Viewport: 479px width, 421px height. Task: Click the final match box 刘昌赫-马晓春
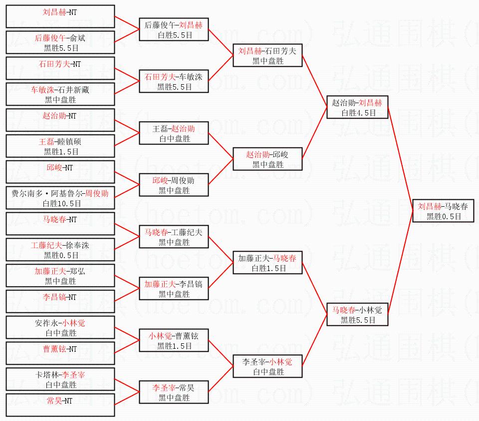443,211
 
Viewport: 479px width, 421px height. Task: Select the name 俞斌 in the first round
78,38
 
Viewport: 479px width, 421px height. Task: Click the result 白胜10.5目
62,203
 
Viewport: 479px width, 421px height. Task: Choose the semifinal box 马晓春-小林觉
357,314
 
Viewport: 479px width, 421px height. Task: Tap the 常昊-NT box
60,405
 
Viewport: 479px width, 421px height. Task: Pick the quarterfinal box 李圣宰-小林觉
267,366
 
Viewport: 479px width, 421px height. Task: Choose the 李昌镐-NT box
60,301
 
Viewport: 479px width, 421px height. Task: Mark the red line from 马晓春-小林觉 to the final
400,263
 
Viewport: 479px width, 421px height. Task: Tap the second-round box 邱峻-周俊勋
174,185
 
